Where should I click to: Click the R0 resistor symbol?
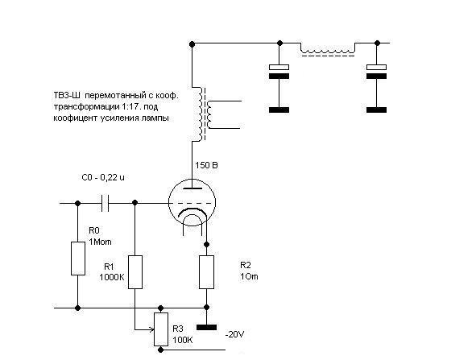click(78, 259)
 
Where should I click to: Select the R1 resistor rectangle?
click(135, 272)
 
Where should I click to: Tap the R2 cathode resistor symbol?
click(206, 272)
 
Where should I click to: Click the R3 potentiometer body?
click(161, 329)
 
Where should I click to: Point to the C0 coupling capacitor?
click(105, 203)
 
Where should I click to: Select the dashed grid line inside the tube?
click(194, 203)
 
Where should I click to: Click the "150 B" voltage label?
click(206, 165)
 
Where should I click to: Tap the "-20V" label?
click(234, 334)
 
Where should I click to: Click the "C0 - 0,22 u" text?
click(103, 177)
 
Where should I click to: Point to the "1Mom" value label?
click(100, 242)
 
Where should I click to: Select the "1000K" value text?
click(112, 277)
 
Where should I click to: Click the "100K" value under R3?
click(183, 340)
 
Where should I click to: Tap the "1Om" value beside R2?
click(249, 276)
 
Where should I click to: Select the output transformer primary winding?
click(200, 114)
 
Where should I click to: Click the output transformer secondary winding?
click(209, 114)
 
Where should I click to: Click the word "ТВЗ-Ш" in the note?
click(67, 96)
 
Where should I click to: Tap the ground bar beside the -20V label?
click(206, 327)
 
